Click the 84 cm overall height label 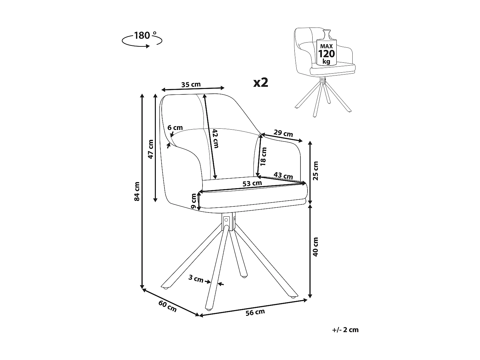(137, 191)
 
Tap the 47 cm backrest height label (151, 149)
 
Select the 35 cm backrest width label (191, 85)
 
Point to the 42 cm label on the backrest (215, 138)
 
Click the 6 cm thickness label (175, 127)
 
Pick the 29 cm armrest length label (284, 133)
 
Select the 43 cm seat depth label (284, 176)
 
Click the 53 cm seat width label (252, 184)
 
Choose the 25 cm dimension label (316, 171)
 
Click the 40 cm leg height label (316, 246)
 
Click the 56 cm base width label (255, 313)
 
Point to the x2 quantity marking (260, 83)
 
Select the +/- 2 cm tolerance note (345, 330)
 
